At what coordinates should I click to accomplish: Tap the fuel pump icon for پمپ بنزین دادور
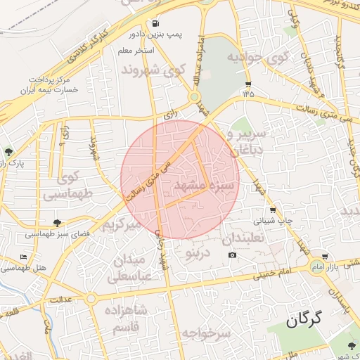point(154,22)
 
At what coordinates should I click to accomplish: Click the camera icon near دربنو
point(233,255)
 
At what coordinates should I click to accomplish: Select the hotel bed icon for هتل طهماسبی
point(24,257)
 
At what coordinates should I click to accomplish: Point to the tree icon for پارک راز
point(8,151)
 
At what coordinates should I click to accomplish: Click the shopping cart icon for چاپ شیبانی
point(273,210)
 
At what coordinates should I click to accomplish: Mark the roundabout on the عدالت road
point(91,298)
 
